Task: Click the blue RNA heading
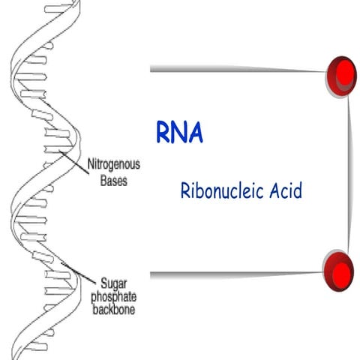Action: pos(179,131)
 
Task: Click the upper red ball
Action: pos(343,74)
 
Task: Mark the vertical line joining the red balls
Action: pos(349,172)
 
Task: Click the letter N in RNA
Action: pos(179,131)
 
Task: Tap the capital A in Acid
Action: pos(274,191)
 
